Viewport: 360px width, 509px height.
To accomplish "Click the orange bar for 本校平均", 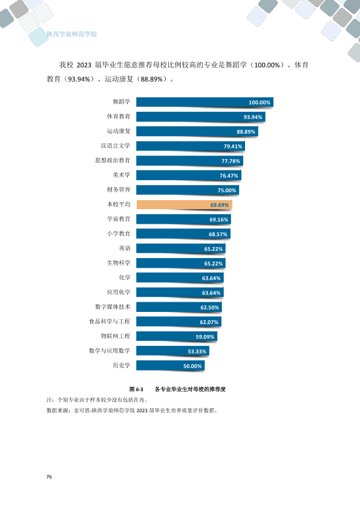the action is (x=184, y=204).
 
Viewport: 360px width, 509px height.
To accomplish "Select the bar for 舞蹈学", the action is (x=205, y=102).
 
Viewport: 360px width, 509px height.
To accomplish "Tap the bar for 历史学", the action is (x=170, y=366).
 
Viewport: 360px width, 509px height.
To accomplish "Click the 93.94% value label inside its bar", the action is (x=253, y=117).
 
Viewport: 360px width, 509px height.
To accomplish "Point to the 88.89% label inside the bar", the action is (x=246, y=132).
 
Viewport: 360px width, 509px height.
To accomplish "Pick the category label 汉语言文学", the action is (x=116, y=146).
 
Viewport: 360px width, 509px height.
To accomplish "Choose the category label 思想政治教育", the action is (x=113, y=160).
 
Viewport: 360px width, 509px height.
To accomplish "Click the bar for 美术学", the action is (x=189, y=175).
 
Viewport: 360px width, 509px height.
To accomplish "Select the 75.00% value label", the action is (x=227, y=190).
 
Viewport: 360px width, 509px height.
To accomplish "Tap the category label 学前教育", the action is (x=119, y=219).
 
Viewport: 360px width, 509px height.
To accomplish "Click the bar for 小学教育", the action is (x=183, y=234).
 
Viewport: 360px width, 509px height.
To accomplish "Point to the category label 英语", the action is (x=125, y=248).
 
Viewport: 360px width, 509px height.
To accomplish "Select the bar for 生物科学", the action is (x=181, y=263).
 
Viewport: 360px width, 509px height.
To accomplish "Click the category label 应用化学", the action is (x=119, y=292).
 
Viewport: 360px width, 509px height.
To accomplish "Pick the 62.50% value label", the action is (x=209, y=308).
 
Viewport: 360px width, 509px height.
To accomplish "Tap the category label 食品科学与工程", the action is (x=110, y=322).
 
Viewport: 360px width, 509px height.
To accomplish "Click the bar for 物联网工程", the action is (x=177, y=336).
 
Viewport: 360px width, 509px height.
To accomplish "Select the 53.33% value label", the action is (x=197, y=351).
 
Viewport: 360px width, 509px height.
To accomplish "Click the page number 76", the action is (x=49, y=476).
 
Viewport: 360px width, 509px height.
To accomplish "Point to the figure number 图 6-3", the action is (x=136, y=389).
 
